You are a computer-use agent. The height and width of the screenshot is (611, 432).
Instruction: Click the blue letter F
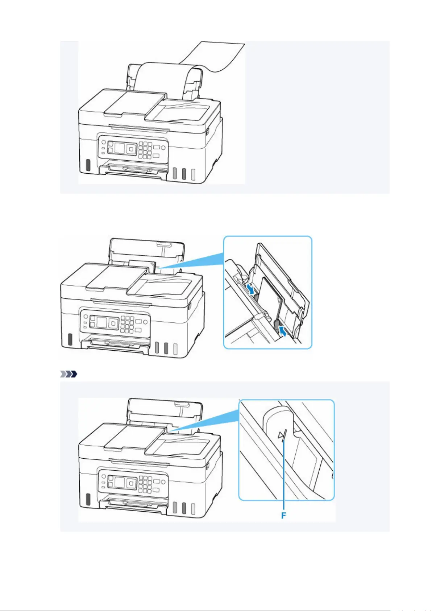pos(284,515)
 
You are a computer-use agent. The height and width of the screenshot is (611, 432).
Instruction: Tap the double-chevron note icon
pos(68,374)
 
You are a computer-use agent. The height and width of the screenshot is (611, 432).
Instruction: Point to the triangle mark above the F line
pos(280,435)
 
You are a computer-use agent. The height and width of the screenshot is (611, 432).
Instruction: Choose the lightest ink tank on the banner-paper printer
pos(193,174)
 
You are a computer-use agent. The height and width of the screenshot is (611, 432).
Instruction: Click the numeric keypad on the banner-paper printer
pos(145,149)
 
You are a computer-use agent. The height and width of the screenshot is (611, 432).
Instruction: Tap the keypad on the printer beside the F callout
pos(145,484)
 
